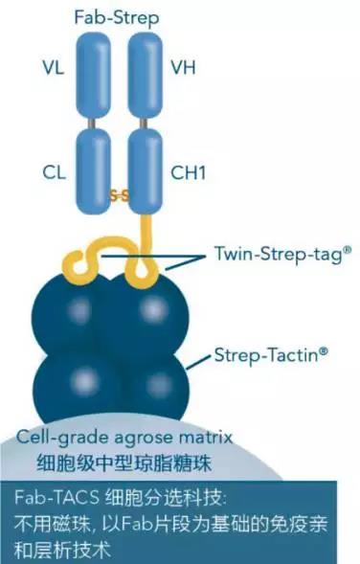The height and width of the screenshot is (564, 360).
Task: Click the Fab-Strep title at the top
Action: [117, 18]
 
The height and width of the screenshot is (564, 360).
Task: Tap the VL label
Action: [54, 68]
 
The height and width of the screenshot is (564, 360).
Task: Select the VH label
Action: [183, 68]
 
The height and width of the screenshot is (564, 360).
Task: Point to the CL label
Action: [54, 172]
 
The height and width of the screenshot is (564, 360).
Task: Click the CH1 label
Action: [188, 172]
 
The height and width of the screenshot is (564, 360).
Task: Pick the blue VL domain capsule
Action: [93, 76]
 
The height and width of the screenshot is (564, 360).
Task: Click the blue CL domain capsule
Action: [93, 171]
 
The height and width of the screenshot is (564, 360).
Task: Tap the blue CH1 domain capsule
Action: [145, 171]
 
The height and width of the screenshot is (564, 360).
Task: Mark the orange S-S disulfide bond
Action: [119, 196]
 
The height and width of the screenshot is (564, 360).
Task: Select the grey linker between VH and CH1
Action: [144, 123]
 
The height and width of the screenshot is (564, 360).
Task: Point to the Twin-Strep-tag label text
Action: [282, 255]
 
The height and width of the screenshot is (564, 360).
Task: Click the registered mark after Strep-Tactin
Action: [324, 350]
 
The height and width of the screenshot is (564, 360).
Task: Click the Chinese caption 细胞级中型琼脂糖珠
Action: [124, 463]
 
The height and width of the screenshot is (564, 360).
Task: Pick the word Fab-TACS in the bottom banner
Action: [56, 498]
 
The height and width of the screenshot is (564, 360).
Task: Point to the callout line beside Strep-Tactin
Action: [198, 363]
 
